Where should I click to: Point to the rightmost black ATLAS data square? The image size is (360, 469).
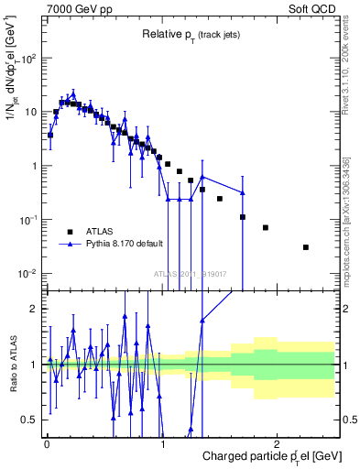(306, 247)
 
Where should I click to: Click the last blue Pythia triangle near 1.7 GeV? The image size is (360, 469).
(243, 192)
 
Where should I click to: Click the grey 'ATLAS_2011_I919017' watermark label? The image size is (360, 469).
(189, 273)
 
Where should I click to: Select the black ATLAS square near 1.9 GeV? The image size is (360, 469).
(266, 227)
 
